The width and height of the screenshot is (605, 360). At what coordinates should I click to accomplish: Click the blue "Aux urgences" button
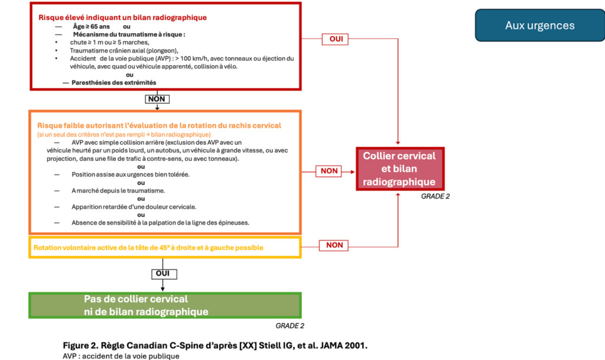click(540, 25)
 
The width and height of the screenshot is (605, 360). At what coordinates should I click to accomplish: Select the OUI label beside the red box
click(335, 39)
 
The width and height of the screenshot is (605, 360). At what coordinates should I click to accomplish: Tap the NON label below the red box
click(157, 99)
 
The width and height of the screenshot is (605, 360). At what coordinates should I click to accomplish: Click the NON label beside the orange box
click(329, 171)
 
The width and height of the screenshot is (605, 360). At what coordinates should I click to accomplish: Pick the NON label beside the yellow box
click(334, 245)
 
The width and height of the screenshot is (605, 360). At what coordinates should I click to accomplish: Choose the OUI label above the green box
click(157, 274)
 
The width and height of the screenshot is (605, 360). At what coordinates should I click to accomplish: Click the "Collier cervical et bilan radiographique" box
click(399, 168)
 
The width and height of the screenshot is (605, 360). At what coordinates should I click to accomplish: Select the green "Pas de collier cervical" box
click(136, 305)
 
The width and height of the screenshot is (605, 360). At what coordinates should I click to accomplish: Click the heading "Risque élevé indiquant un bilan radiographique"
click(122, 17)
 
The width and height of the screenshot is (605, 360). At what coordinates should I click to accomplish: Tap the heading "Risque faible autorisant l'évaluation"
click(159, 125)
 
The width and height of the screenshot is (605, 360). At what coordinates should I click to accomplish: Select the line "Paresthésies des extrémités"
click(113, 82)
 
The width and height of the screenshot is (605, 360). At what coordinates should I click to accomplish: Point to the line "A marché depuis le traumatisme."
click(118, 190)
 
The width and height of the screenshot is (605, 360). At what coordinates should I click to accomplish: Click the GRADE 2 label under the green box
click(290, 326)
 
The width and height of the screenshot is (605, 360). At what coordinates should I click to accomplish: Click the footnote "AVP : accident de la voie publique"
click(121, 356)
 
